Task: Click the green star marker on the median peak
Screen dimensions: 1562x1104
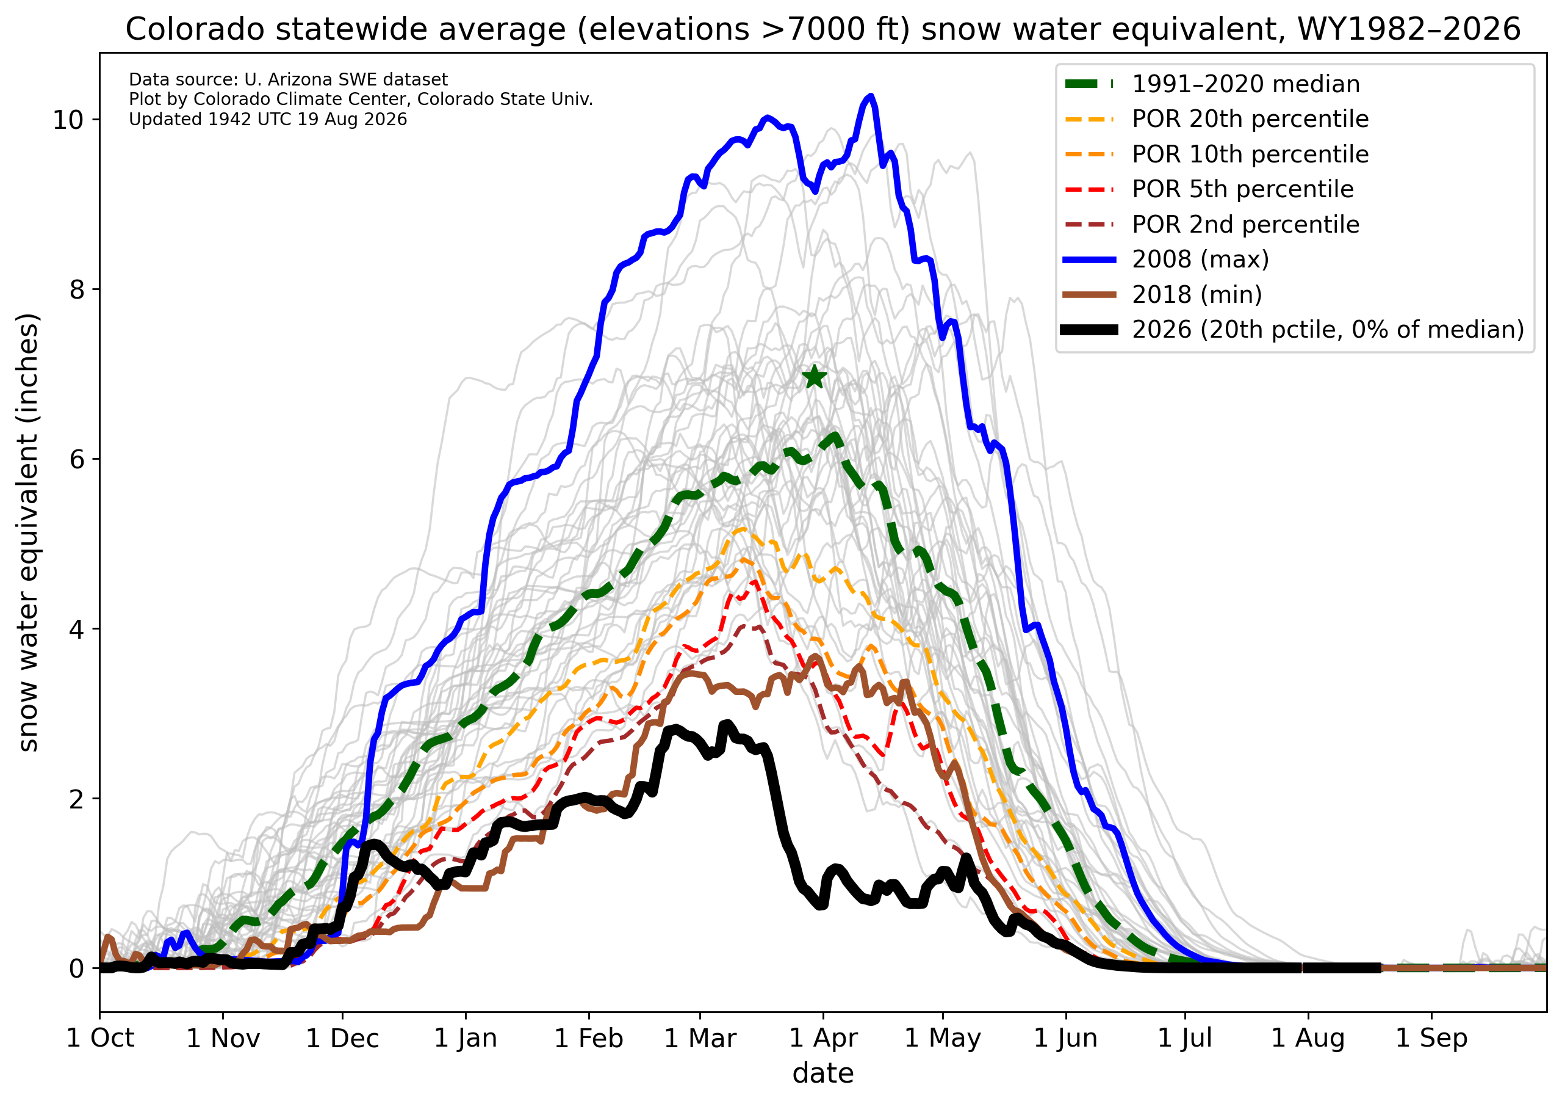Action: [815, 376]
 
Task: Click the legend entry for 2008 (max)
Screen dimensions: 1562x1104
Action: [1200, 260]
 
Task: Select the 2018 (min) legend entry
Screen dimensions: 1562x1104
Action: [1197, 295]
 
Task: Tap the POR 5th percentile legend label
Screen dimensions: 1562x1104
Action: [1242, 189]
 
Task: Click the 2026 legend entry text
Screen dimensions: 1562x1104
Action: [1327, 330]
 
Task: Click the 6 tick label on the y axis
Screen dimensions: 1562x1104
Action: [76, 459]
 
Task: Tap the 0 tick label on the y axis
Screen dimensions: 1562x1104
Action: [76, 968]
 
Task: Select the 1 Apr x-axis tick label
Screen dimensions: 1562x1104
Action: [823, 1039]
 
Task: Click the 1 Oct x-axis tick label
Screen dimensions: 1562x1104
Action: [100, 1039]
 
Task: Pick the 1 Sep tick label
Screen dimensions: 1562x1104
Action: [1431, 1039]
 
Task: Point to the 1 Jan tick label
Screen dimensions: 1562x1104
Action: [466, 1039]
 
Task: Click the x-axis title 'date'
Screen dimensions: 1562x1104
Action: [823, 1074]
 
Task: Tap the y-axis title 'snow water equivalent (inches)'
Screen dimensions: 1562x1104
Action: [28, 533]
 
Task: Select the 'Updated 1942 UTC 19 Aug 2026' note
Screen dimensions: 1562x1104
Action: [268, 120]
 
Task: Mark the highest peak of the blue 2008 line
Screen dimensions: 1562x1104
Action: [870, 96]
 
